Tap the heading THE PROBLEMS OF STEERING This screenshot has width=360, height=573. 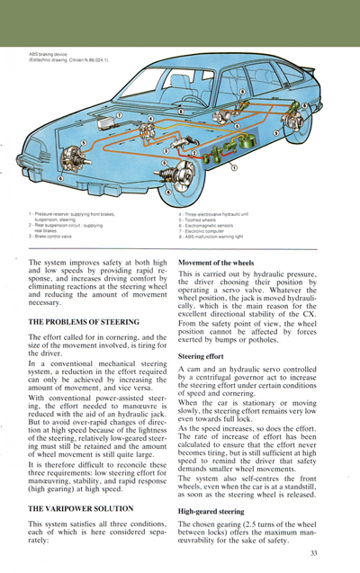[x=84, y=321]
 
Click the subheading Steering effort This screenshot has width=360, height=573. [x=202, y=356]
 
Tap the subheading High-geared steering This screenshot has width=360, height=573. [x=214, y=511]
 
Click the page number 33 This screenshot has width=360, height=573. [x=313, y=553]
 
